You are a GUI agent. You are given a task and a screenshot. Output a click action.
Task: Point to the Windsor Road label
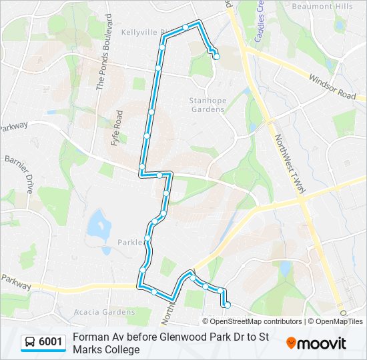(332, 87)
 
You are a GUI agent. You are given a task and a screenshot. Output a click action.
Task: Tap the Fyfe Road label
(119, 129)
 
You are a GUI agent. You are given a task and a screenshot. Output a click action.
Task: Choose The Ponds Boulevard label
(102, 63)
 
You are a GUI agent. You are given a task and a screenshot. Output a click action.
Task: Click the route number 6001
(51, 343)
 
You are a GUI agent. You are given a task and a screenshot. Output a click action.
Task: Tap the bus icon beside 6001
(30, 343)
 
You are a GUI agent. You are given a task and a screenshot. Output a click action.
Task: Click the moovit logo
(316, 343)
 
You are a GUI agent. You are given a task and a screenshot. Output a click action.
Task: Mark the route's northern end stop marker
(216, 57)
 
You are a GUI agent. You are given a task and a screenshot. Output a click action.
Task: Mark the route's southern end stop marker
(227, 305)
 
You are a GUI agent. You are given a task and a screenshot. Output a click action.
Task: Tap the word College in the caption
(121, 349)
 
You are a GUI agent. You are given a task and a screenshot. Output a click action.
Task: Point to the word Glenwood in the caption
(183, 337)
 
